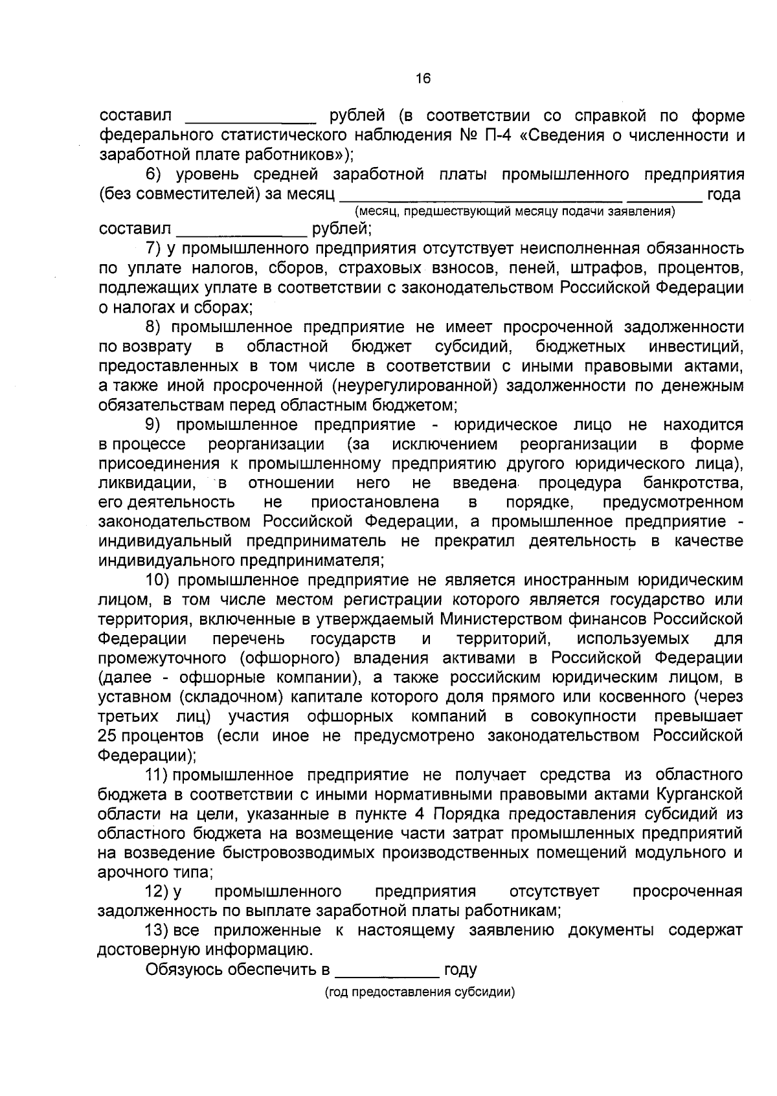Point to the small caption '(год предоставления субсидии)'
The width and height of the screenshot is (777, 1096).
click(420, 992)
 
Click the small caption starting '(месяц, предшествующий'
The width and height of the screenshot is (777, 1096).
click(515, 212)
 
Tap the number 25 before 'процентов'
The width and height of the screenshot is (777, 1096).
click(107, 736)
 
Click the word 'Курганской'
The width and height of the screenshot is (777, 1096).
click(699, 794)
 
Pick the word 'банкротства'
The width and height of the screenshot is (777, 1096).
click(693, 483)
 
